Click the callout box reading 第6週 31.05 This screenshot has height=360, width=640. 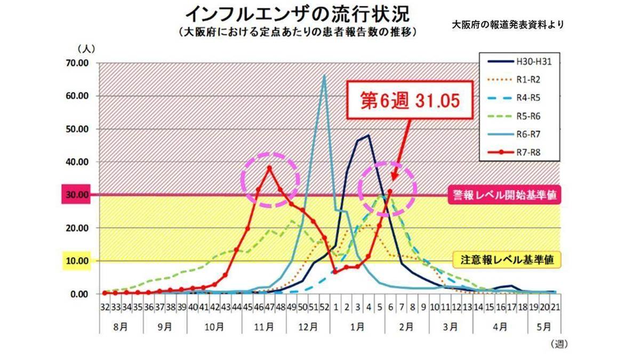[x=410, y=101]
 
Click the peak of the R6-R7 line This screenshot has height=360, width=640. [x=324, y=75]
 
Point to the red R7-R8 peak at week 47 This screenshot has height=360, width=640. [x=269, y=167]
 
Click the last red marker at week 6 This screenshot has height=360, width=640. [x=390, y=191]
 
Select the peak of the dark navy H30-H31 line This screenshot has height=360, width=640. [x=368, y=135]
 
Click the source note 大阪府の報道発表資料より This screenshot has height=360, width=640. [x=507, y=25]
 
